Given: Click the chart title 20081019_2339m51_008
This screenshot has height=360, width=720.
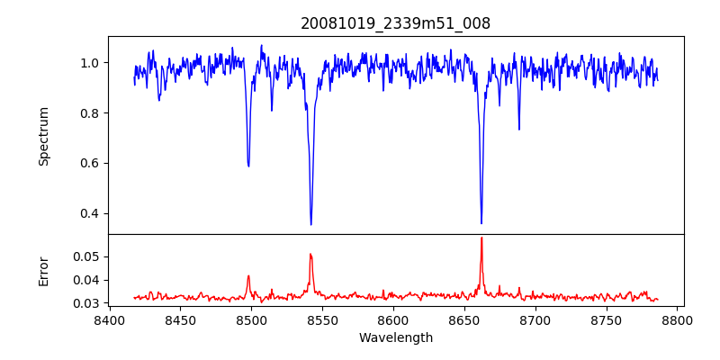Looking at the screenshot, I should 395,23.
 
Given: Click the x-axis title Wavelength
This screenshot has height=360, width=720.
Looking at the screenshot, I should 395,338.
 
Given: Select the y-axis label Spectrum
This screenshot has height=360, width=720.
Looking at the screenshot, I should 43,136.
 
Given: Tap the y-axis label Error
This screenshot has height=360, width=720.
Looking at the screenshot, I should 43,270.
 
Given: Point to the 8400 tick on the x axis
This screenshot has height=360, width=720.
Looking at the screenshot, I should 109,319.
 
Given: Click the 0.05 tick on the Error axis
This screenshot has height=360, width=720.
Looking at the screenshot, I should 86,256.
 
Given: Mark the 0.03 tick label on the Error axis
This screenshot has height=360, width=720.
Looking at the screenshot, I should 86,303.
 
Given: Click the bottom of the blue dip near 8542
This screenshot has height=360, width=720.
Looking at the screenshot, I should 311,224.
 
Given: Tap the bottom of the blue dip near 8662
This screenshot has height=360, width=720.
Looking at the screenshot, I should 481,222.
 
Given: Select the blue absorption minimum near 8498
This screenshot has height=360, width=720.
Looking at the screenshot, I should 248,166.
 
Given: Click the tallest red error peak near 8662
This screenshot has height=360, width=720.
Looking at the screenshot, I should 481,238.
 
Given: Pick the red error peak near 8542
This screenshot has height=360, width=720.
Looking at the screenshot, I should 310,254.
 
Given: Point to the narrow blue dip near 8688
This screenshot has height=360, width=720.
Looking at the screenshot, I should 518,129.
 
